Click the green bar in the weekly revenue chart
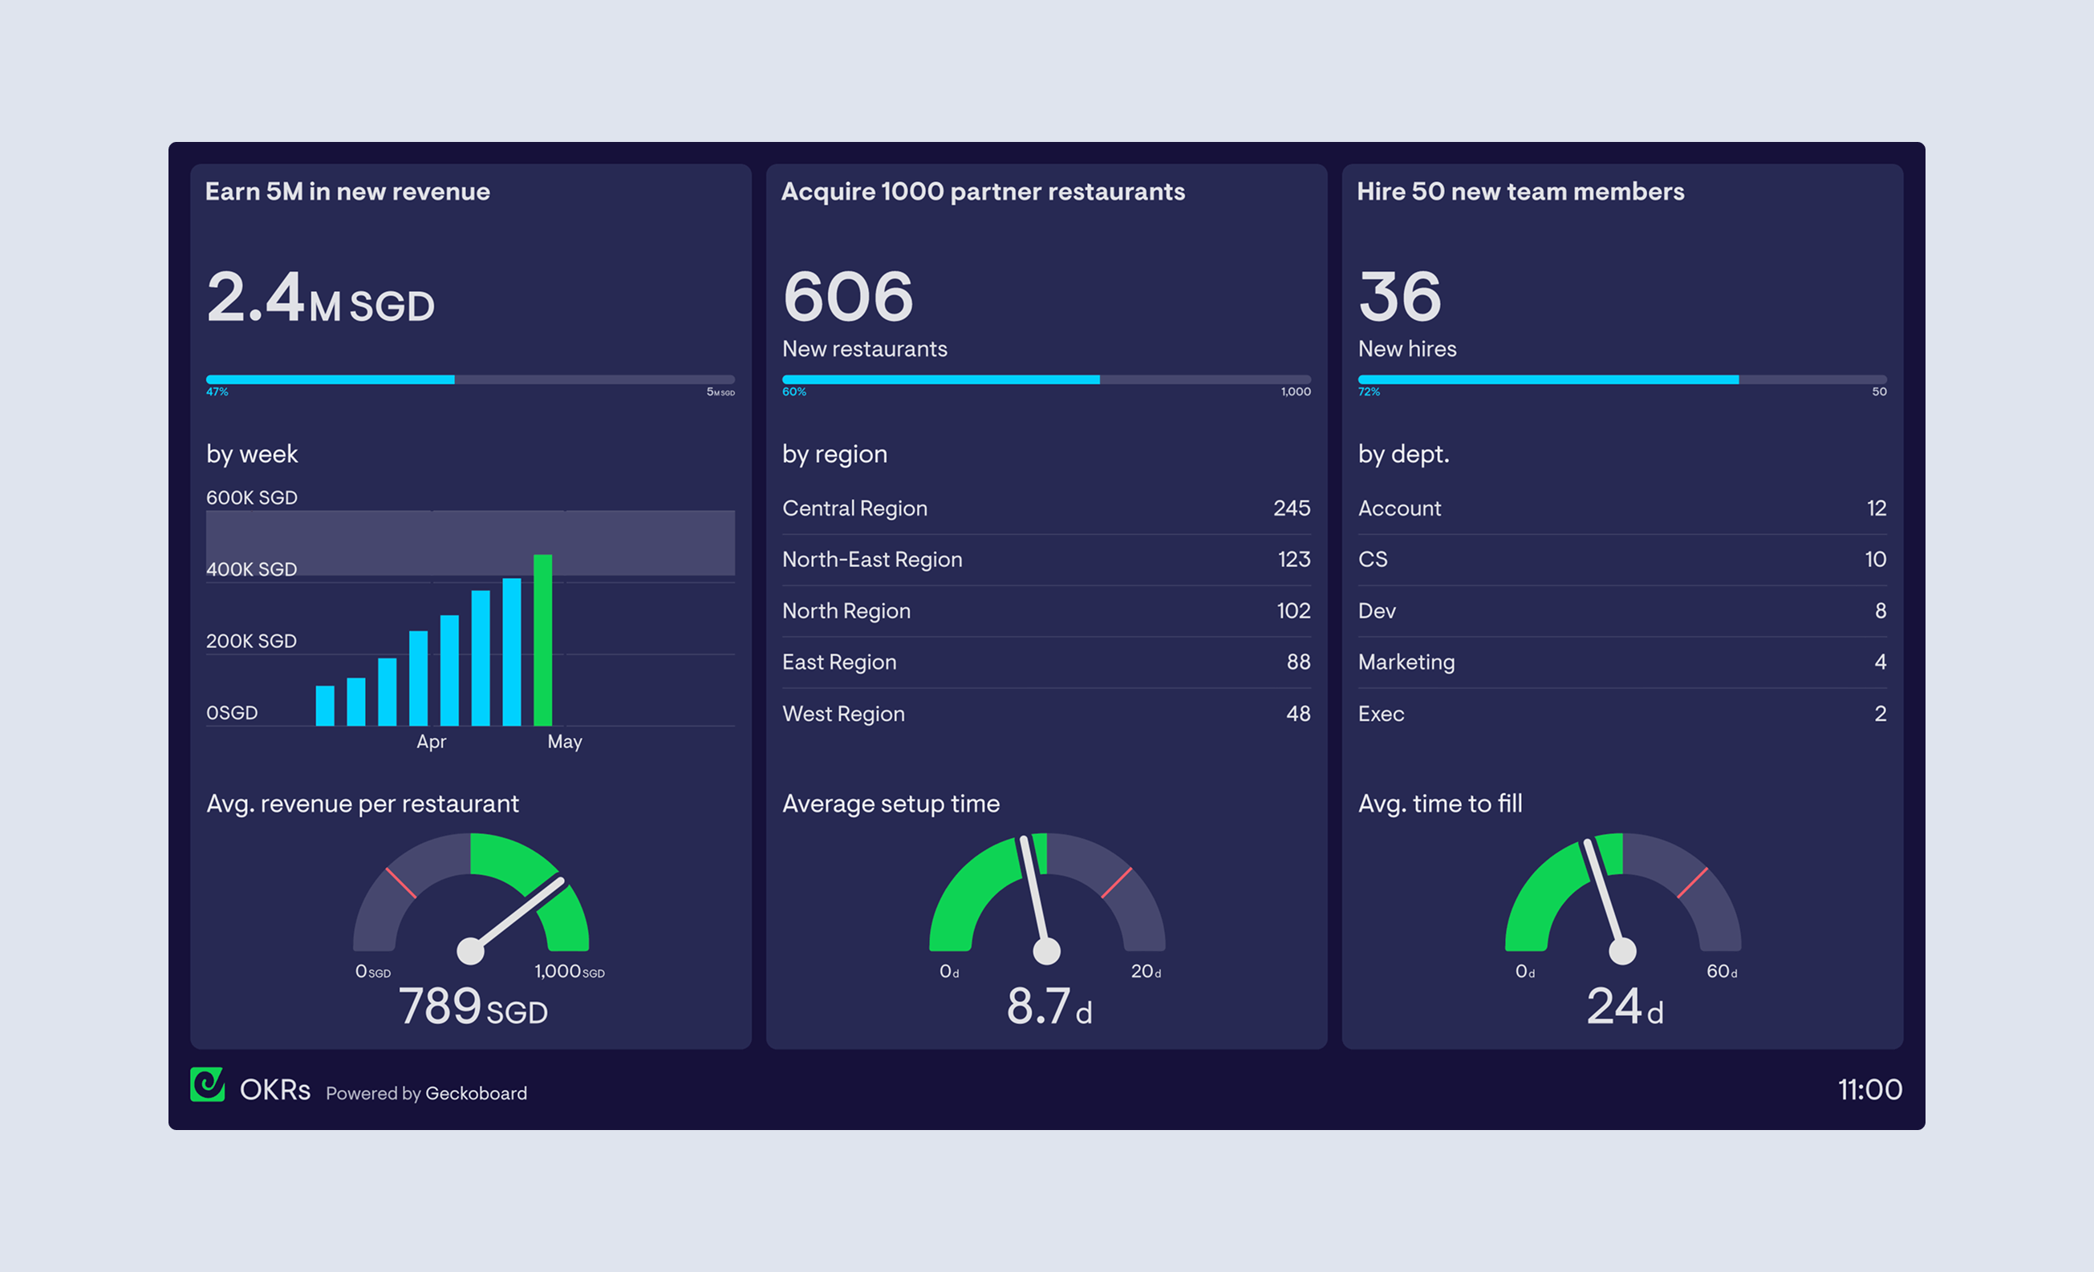click(x=543, y=639)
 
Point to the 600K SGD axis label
click(x=252, y=497)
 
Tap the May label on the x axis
click(x=564, y=742)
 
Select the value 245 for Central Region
click(x=1291, y=508)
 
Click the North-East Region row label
click(x=872, y=559)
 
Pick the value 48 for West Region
click(x=1297, y=714)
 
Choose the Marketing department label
click(x=1406, y=662)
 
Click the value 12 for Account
click(x=1876, y=508)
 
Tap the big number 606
click(x=847, y=297)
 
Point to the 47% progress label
click(x=217, y=391)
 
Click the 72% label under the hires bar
click(x=1368, y=391)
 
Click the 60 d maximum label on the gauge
click(x=1721, y=971)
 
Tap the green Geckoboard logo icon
click(x=207, y=1085)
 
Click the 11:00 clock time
click(x=1869, y=1089)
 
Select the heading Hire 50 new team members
click(x=1520, y=191)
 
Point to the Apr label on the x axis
click(x=431, y=742)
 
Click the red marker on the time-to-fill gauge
click(x=1692, y=883)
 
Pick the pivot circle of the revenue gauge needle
click(x=471, y=951)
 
